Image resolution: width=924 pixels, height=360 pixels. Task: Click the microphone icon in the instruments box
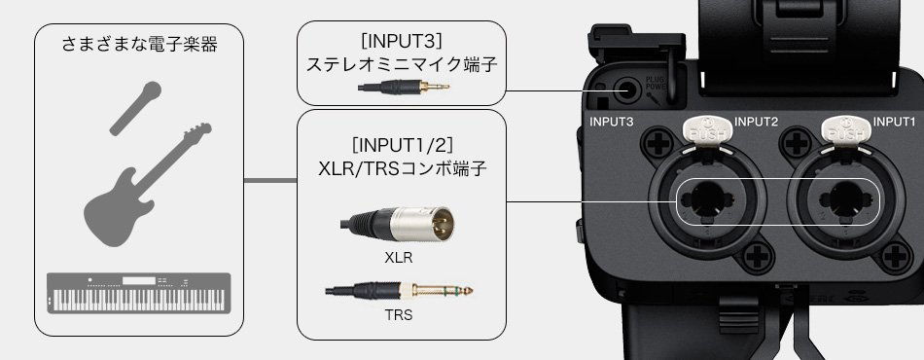[135, 107]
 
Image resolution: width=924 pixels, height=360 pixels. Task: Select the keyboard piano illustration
[138, 293]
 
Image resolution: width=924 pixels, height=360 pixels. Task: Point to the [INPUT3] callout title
[401, 43]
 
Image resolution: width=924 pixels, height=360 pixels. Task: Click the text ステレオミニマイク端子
[401, 65]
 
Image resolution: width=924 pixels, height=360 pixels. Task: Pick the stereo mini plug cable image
[403, 87]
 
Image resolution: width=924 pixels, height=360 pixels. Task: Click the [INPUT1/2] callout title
[402, 144]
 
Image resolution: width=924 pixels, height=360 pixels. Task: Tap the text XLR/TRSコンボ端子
[402, 166]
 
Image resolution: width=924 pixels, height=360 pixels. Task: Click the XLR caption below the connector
[399, 260]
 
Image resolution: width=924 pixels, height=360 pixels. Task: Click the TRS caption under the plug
[399, 314]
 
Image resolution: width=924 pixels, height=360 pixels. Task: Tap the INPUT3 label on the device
[612, 122]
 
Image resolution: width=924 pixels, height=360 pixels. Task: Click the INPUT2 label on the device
[757, 122]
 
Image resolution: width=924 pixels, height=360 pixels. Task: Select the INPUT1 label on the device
[895, 122]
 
